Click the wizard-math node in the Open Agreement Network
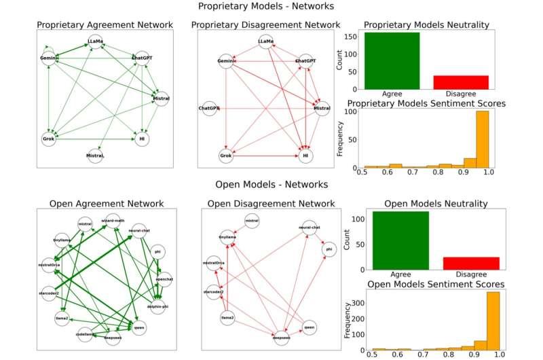112,220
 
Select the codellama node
86,333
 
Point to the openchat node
162,279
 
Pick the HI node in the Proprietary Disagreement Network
306,156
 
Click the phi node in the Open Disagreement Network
329,249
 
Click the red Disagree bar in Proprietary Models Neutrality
461,82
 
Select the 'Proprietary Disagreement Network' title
267,25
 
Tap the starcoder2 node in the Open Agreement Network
49,292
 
